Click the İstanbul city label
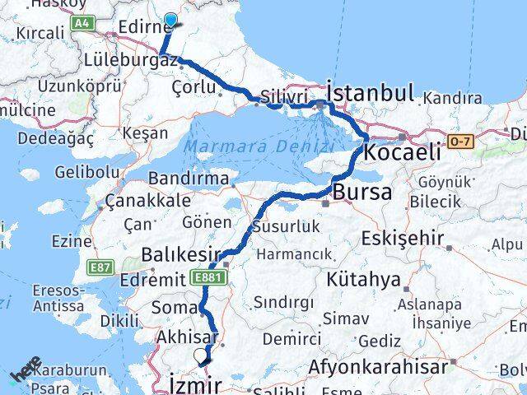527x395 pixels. [x=370, y=91]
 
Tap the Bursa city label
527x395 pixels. [x=362, y=194]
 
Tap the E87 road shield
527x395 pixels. [x=102, y=267]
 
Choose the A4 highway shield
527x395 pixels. [x=81, y=25]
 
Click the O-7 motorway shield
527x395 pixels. [x=459, y=141]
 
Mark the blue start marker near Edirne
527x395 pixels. [x=171, y=21]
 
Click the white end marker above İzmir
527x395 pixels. [x=200, y=355]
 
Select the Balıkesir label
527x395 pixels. [x=179, y=254]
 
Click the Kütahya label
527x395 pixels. [x=362, y=279]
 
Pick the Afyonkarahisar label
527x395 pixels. [x=380, y=366]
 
